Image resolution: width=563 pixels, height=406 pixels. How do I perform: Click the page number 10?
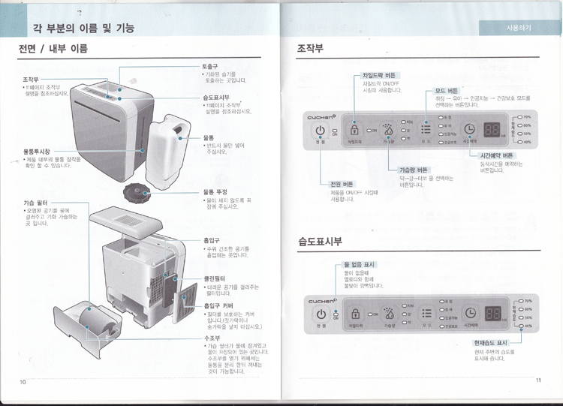[x=24, y=382]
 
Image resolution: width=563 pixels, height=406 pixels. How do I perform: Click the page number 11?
[x=538, y=380]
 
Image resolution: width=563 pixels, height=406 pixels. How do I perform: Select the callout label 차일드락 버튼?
[x=379, y=75]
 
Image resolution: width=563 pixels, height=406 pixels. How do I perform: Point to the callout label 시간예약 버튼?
[x=496, y=155]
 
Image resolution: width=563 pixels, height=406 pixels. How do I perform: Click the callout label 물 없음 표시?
[x=360, y=265]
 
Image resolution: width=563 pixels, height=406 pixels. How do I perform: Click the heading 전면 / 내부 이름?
[x=53, y=50]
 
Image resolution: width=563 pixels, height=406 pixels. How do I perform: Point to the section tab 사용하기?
[x=519, y=28]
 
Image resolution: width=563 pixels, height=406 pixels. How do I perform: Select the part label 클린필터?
[x=215, y=278]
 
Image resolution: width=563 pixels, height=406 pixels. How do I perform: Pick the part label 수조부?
[x=211, y=338]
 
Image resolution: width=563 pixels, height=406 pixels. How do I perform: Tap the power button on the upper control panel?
[x=321, y=129]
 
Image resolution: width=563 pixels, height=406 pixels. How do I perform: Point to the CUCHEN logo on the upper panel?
[x=323, y=116]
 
